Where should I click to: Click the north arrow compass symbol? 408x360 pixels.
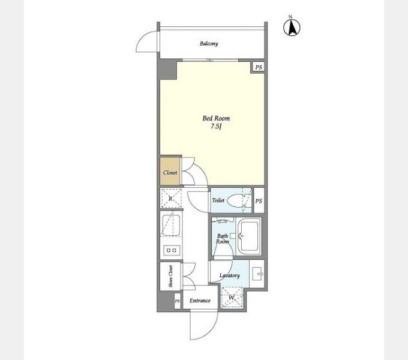tap(292, 26)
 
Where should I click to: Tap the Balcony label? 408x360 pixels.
tap(209, 43)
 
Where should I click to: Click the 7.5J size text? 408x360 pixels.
tap(216, 127)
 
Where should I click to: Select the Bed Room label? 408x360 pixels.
tap(216, 118)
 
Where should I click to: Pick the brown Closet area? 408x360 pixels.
tap(170, 171)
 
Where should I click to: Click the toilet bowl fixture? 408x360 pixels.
tap(236, 200)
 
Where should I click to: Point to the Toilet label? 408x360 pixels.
tap(218, 200)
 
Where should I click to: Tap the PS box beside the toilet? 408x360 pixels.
tap(259, 200)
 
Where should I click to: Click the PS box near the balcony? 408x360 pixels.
tap(259, 67)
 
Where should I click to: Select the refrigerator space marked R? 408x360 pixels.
tap(170, 199)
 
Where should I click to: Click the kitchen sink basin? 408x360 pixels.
tap(170, 225)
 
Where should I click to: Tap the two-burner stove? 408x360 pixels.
tap(171, 250)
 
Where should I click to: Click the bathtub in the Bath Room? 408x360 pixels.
tap(249, 236)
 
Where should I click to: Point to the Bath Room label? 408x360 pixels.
tap(223, 239)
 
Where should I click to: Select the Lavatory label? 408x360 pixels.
tap(229, 275)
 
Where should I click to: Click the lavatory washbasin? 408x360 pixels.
tap(257, 274)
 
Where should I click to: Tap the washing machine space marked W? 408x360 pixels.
tap(232, 298)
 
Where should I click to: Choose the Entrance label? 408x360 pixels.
tap(200, 301)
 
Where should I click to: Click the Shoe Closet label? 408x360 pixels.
tap(170, 276)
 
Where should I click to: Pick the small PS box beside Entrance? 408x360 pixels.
tap(177, 301)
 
